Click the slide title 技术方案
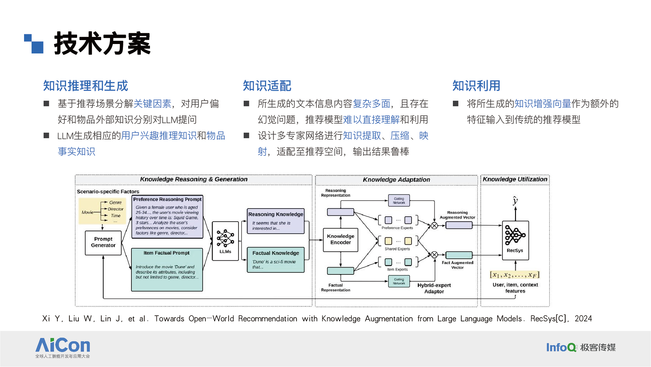point(102,44)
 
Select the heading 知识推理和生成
point(86,86)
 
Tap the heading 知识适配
point(267,86)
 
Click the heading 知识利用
point(476,86)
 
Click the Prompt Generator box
point(103,242)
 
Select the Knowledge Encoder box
point(341,240)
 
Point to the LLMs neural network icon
point(225,238)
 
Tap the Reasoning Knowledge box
point(276,221)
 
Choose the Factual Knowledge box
point(276,260)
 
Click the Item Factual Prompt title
point(167,253)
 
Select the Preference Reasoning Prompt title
point(167,199)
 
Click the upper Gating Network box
point(399,201)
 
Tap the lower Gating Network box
point(399,281)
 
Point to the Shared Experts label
point(397,249)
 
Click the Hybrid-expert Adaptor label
point(434,288)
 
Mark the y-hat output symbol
point(515,200)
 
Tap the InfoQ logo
point(561,347)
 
